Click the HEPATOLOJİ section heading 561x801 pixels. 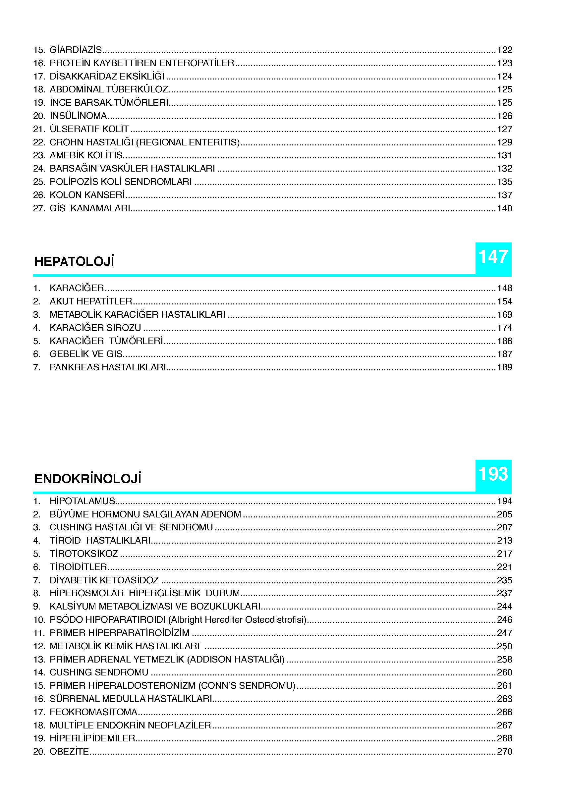pyautogui.click(x=74, y=262)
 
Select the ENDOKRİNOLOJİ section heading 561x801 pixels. pyautogui.click(x=87, y=479)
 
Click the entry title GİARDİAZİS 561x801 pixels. pyautogui.click(x=76, y=50)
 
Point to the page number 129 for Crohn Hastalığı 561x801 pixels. pyautogui.click(x=504, y=142)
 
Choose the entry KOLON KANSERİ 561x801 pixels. pyautogui.click(x=87, y=195)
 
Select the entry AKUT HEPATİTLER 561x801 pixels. pyautogui.click(x=91, y=301)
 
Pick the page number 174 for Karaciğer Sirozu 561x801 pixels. pyautogui.click(x=504, y=328)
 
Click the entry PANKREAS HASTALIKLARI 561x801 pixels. pyautogui.click(x=107, y=367)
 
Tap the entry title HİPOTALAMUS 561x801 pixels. pyautogui.click(x=82, y=501)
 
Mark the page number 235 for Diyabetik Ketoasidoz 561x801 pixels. pyautogui.click(x=504, y=580)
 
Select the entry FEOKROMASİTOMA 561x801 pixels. pyautogui.click(x=93, y=712)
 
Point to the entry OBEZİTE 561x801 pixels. pyautogui.click(x=69, y=751)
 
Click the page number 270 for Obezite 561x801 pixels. pyautogui.click(x=504, y=751)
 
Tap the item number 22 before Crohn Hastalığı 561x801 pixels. pyautogui.click(x=39, y=142)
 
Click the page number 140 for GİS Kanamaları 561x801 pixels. pyautogui.click(x=504, y=208)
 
